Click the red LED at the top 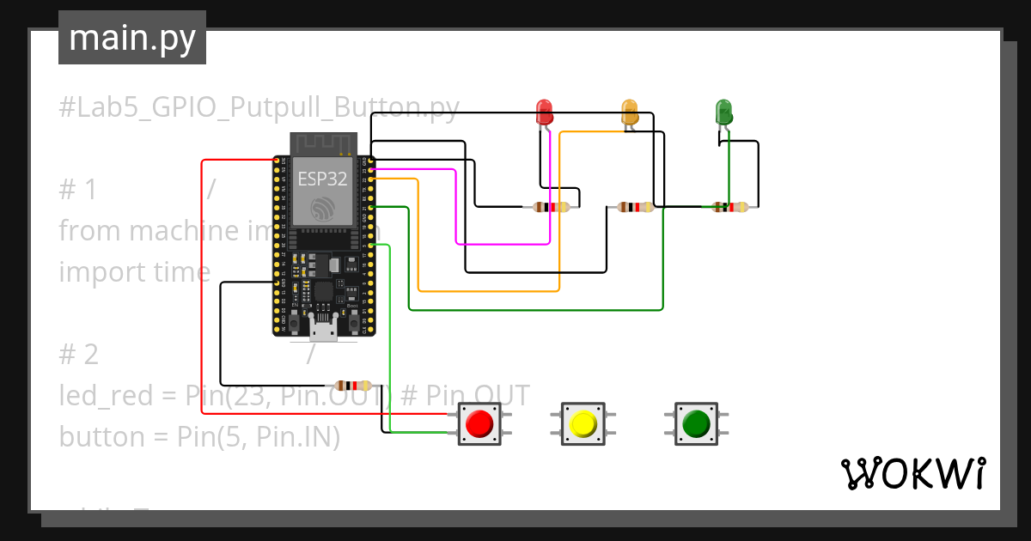[x=544, y=111]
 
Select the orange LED [x=630, y=111]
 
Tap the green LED [x=723, y=112]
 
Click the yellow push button [x=583, y=423]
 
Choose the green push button [x=695, y=423]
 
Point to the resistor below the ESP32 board [x=353, y=386]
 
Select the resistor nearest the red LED [x=551, y=207]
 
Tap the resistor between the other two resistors [x=636, y=207]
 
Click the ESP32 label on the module [x=322, y=179]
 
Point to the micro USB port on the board [x=323, y=330]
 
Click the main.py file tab [x=131, y=38]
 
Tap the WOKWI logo [x=912, y=474]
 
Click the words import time [x=134, y=271]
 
